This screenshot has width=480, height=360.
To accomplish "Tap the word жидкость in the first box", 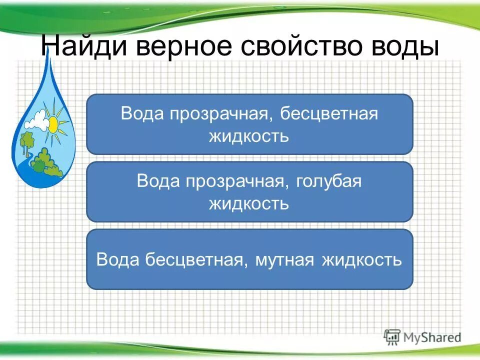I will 249,136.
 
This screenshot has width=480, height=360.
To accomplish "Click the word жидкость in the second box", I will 249,203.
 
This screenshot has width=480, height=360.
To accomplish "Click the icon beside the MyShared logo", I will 392,336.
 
